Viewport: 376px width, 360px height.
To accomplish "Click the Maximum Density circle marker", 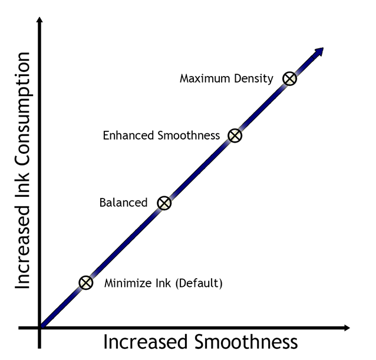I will click(x=289, y=79).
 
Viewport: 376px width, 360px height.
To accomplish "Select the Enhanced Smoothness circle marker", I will click(x=235, y=136).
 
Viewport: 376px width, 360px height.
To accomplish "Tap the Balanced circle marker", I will click(x=164, y=203).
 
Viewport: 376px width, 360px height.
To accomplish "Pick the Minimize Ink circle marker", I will click(x=86, y=283).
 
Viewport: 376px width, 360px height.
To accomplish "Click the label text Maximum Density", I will click(x=226, y=78).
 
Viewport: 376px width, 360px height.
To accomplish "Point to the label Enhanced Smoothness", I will click(x=161, y=136).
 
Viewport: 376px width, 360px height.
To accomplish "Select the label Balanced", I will click(x=123, y=203).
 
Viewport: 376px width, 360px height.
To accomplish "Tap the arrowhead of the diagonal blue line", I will click(x=319, y=51).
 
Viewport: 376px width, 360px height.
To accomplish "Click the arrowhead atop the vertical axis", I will click(x=39, y=22).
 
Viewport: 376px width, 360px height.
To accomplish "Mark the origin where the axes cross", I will click(x=39, y=327).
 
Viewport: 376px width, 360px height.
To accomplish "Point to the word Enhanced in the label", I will click(x=125, y=136).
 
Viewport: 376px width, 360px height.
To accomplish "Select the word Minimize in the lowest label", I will click(x=123, y=283).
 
